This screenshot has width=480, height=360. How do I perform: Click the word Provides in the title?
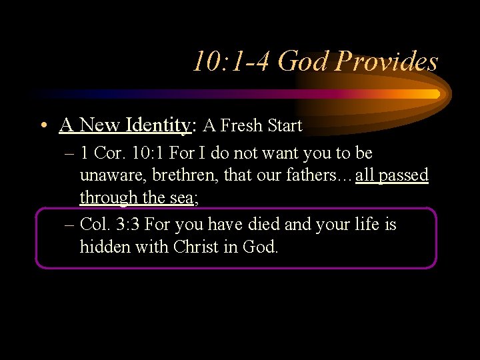pos(387,62)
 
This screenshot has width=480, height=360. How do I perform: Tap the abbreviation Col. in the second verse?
pos(95,225)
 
